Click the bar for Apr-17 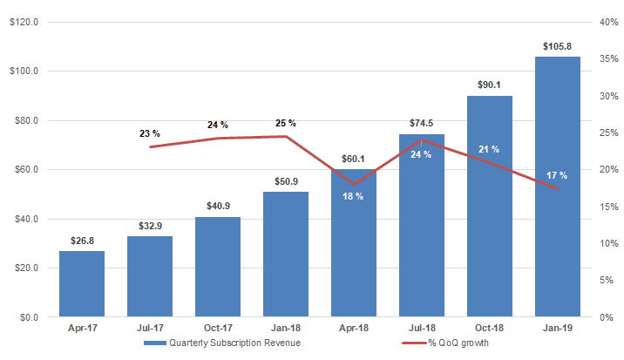[x=82, y=284]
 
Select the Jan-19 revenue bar [x=558, y=187]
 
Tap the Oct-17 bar [x=218, y=267]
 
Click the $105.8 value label [x=557, y=46]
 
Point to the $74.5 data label [x=422, y=123]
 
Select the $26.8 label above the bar [x=83, y=241]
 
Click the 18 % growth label [x=353, y=196]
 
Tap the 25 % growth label [x=286, y=124]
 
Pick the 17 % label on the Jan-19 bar [x=557, y=175]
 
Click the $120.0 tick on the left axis [x=24, y=22]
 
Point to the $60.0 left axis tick [x=26, y=170]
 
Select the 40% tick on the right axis [x=609, y=22]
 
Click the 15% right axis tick [x=609, y=207]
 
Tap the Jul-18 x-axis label [x=422, y=328]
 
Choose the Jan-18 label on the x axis [x=286, y=328]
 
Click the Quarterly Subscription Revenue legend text [x=234, y=343]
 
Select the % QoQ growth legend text [x=458, y=343]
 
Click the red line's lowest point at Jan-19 [x=558, y=189]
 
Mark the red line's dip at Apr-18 [x=354, y=185]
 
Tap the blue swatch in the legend [x=155, y=343]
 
